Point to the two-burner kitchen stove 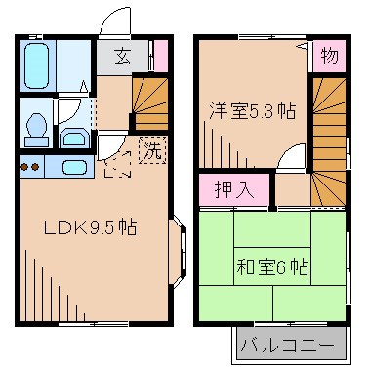(x=30, y=166)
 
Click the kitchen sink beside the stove (x=69, y=167)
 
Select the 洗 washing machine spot (x=151, y=150)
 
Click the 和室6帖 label (x=271, y=265)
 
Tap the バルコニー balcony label (x=290, y=345)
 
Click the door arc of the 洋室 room (x=290, y=160)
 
